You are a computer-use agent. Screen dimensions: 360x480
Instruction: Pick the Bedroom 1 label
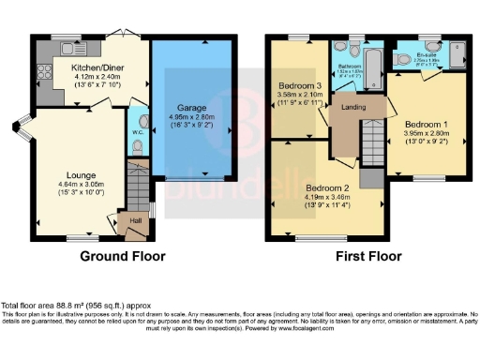427,123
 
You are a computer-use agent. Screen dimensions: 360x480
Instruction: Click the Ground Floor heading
122,256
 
